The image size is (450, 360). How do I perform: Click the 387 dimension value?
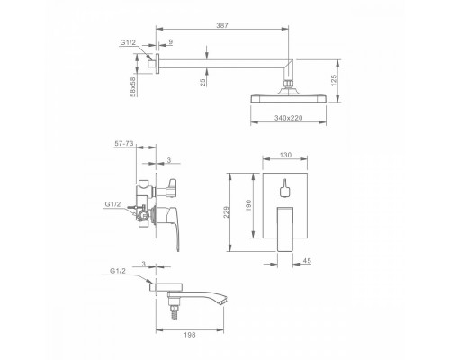pos(222,25)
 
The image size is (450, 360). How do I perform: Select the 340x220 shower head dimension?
pos(288,118)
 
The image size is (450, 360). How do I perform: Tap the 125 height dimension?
pos(334,80)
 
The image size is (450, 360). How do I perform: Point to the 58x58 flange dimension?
pos(133,87)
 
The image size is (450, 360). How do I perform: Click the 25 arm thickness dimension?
pos(203,83)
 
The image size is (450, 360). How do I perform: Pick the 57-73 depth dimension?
pos(124,144)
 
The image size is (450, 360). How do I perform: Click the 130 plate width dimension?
pos(285,155)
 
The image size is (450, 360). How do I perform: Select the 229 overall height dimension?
pos(226,212)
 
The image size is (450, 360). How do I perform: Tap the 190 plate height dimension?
pos(248,205)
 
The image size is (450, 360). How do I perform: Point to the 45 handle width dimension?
pos(307,261)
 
